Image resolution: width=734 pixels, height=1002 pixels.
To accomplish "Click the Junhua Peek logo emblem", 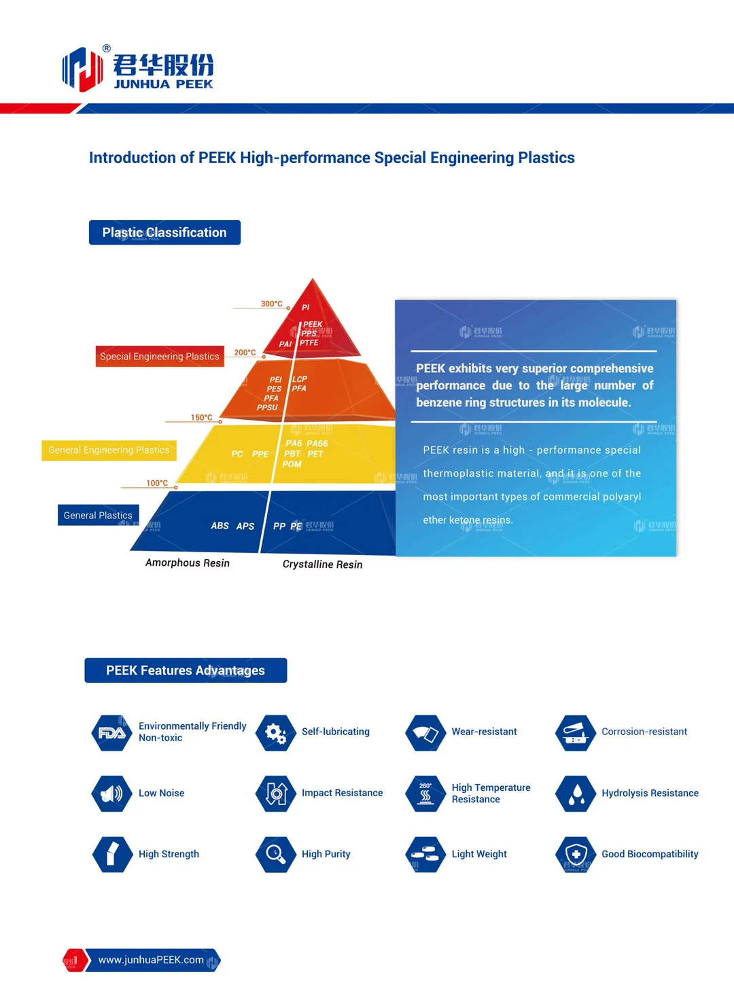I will (x=82, y=69).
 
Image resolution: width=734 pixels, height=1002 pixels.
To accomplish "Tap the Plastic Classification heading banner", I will (x=164, y=232).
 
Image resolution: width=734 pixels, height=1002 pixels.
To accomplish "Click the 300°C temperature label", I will (x=271, y=304).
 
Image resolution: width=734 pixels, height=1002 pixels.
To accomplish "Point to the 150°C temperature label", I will (x=201, y=417).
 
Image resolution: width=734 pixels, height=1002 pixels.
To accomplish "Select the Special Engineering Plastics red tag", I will (x=160, y=356).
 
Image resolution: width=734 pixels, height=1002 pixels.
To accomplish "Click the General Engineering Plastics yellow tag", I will (x=109, y=450).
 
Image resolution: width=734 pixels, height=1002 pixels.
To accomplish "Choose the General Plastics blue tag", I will (x=98, y=515).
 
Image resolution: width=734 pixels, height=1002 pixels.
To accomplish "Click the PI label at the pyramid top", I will (x=306, y=308).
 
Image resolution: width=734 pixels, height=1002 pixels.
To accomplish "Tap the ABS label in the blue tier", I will (x=220, y=526).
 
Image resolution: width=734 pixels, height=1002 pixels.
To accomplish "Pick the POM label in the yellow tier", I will (x=292, y=464).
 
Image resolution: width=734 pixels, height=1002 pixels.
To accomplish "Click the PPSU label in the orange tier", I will (x=267, y=408).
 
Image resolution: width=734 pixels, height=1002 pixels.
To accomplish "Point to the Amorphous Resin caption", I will (x=188, y=563).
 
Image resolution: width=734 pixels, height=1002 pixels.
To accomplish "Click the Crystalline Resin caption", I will (x=322, y=565).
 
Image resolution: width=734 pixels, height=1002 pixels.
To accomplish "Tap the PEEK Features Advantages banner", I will (x=186, y=670).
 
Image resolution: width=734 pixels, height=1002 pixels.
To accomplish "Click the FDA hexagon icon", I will (x=111, y=732).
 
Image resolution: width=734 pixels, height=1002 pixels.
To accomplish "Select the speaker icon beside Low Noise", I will (x=111, y=793).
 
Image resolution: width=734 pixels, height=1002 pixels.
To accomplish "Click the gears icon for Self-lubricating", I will (x=275, y=732).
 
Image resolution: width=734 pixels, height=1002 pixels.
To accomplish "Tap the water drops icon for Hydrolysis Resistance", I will (x=576, y=793).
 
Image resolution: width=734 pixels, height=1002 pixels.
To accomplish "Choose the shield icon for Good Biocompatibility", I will (x=576, y=854).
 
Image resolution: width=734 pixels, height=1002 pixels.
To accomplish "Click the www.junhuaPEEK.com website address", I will (x=151, y=960).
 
